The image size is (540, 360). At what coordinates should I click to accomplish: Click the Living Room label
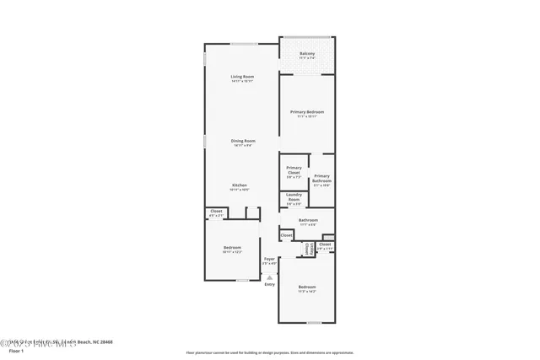point(243,77)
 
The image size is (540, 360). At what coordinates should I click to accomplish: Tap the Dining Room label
point(243,141)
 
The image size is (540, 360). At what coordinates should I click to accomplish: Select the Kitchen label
point(240,185)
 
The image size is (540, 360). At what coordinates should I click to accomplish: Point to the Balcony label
point(307,53)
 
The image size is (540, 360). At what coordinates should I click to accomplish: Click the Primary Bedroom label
point(307,111)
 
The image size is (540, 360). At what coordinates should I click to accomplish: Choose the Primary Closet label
point(294,170)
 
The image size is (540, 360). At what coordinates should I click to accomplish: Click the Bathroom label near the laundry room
point(307,220)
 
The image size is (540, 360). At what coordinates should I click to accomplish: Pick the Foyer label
point(269,259)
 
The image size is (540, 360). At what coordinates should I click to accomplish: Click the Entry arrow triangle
point(269,277)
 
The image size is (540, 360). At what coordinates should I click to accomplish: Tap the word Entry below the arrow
point(269,284)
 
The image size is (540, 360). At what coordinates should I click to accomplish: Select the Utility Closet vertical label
point(310,249)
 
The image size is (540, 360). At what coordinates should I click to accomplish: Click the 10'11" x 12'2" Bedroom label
point(232,247)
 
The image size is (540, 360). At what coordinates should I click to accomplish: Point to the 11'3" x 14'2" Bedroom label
point(307,287)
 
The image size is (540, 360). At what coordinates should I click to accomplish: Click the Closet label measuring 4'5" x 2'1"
point(216,211)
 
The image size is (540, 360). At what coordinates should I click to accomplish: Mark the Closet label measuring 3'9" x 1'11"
point(325,244)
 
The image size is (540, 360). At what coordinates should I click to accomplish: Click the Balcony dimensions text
point(307,58)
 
